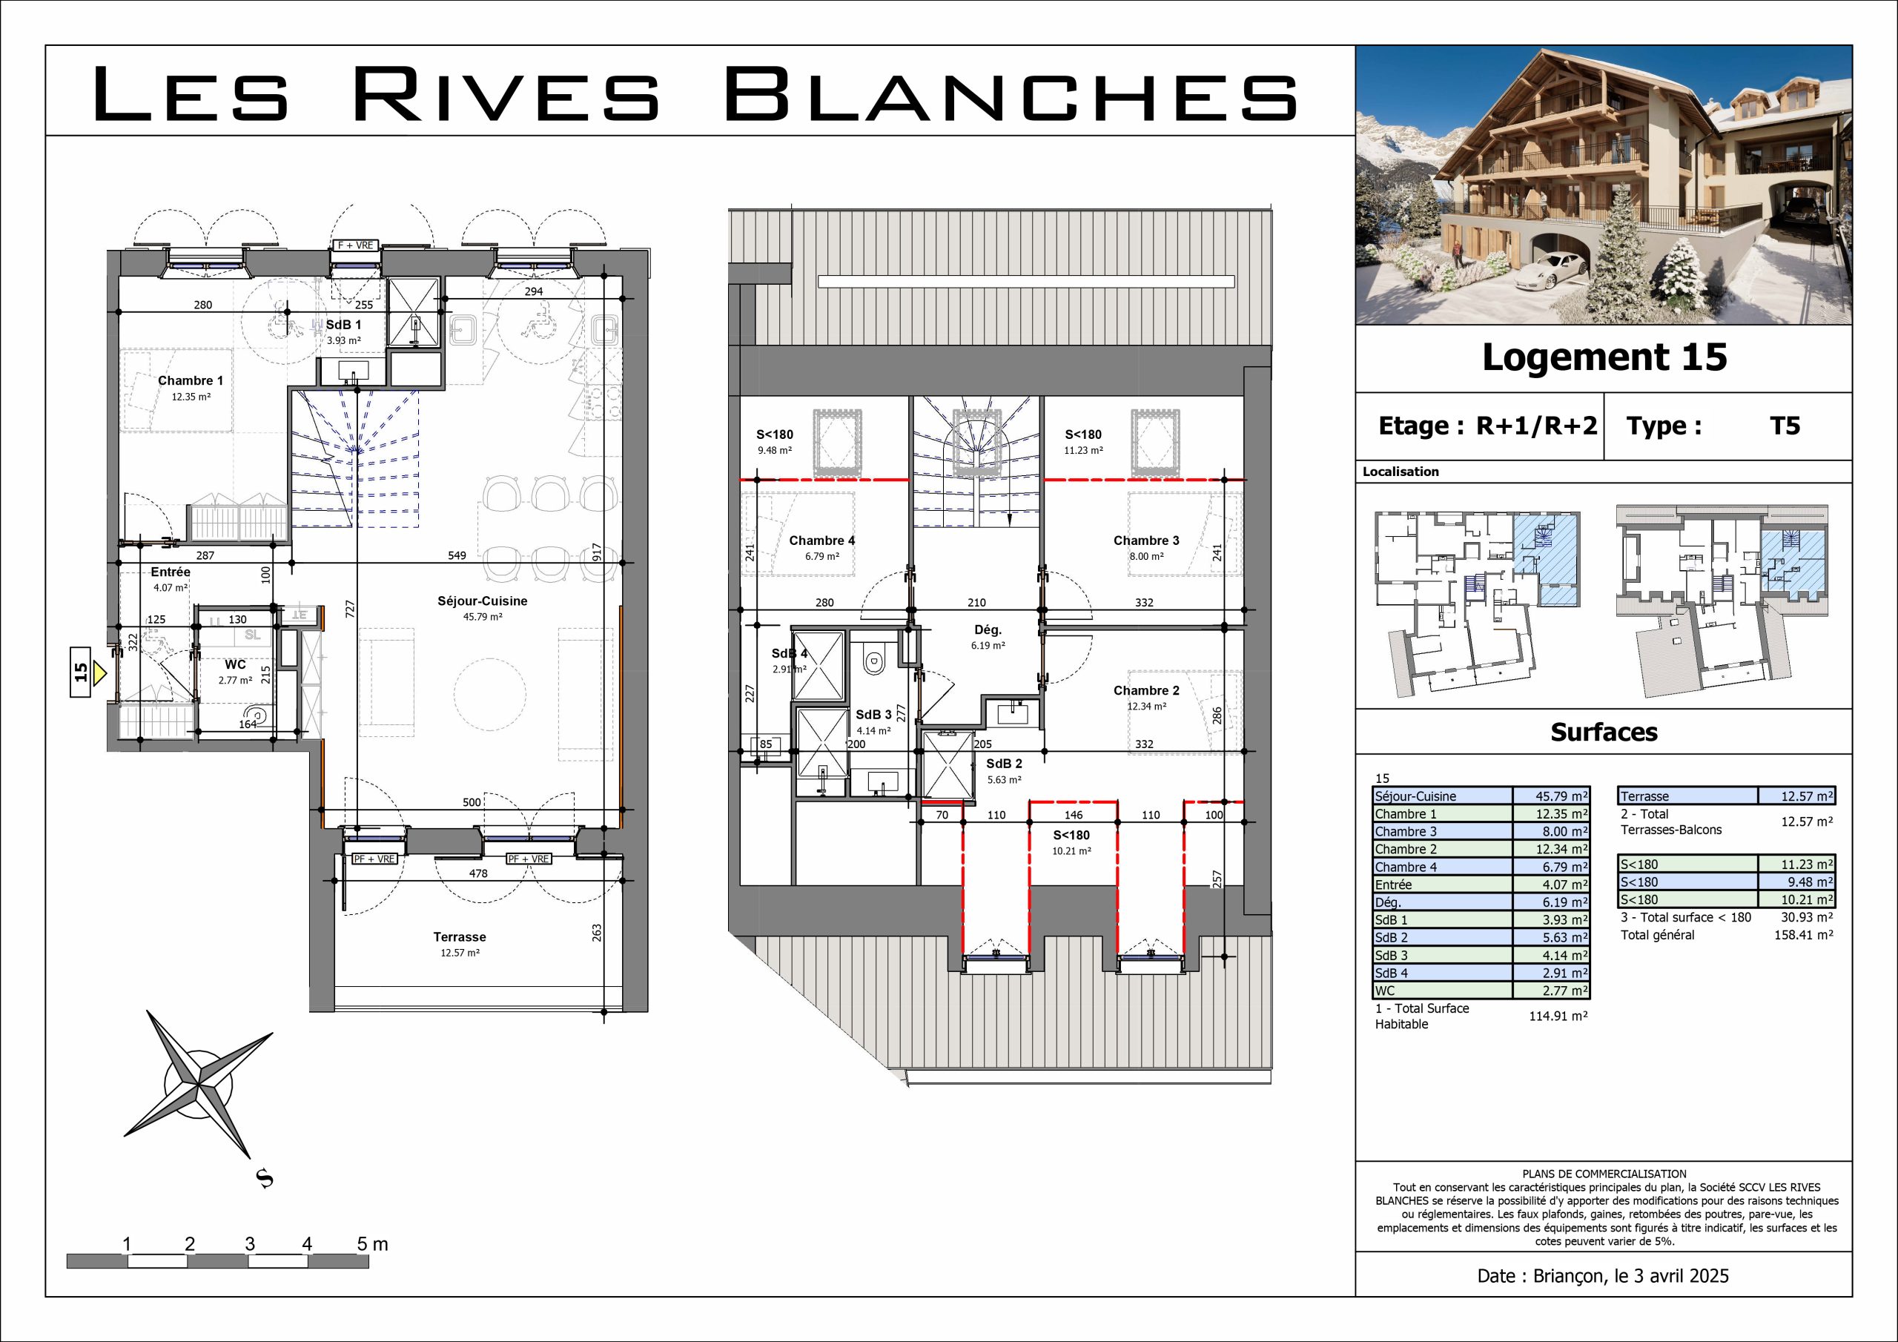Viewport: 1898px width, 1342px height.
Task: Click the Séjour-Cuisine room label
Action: click(482, 601)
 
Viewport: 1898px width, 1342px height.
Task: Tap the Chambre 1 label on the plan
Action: click(190, 380)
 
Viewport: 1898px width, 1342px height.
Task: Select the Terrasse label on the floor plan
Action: click(460, 937)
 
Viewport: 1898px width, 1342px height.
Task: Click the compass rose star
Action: click(199, 1083)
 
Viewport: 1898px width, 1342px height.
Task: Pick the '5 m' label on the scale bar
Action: click(372, 1243)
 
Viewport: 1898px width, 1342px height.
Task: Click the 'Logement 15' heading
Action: click(1604, 357)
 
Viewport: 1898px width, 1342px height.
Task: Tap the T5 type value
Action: click(1785, 426)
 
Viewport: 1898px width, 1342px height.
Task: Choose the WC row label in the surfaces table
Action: click(1386, 991)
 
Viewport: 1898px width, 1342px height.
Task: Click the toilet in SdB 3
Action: click(872, 661)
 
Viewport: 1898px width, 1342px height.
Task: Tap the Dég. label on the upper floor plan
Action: click(988, 630)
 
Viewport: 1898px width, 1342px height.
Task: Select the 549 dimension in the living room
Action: click(457, 555)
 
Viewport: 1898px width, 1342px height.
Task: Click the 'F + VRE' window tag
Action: click(355, 245)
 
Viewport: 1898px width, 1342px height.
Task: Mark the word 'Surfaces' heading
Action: click(1604, 732)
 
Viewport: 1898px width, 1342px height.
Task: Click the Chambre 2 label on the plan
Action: click(1146, 690)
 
